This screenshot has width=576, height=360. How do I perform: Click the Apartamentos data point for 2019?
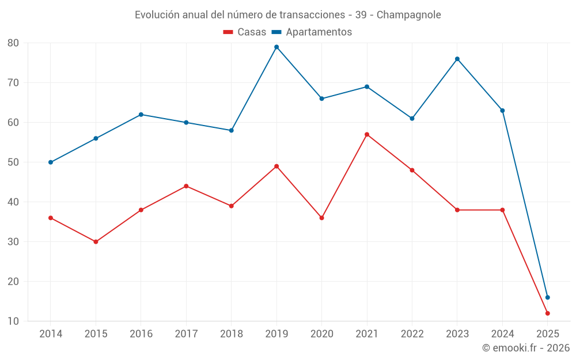pos(276,47)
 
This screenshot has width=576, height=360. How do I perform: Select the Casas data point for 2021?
pos(367,135)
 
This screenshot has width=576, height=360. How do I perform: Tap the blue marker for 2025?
pos(547,298)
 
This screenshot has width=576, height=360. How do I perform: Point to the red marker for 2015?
pos(96,242)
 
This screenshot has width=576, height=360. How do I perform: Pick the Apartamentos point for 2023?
pos(457,59)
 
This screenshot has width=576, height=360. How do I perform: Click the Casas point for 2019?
pos(276,166)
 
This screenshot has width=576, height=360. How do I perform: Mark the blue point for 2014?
pos(51,162)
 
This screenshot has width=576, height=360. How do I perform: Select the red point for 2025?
pos(547,313)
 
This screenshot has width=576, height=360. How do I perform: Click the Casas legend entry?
pos(245,32)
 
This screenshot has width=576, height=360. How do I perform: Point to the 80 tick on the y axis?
pos(13,43)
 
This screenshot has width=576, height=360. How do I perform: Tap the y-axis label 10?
pos(13,321)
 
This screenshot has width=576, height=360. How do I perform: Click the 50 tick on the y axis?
pos(13,162)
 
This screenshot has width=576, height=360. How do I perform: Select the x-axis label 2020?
pos(321,334)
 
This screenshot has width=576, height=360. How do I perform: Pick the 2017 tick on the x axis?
pos(186,334)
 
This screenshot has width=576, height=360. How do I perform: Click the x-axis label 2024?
pos(502,334)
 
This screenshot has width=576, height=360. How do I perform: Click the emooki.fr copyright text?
pos(525,348)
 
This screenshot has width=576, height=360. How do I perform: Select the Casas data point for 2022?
pos(412,170)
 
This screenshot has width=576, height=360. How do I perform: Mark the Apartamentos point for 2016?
pos(141,115)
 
